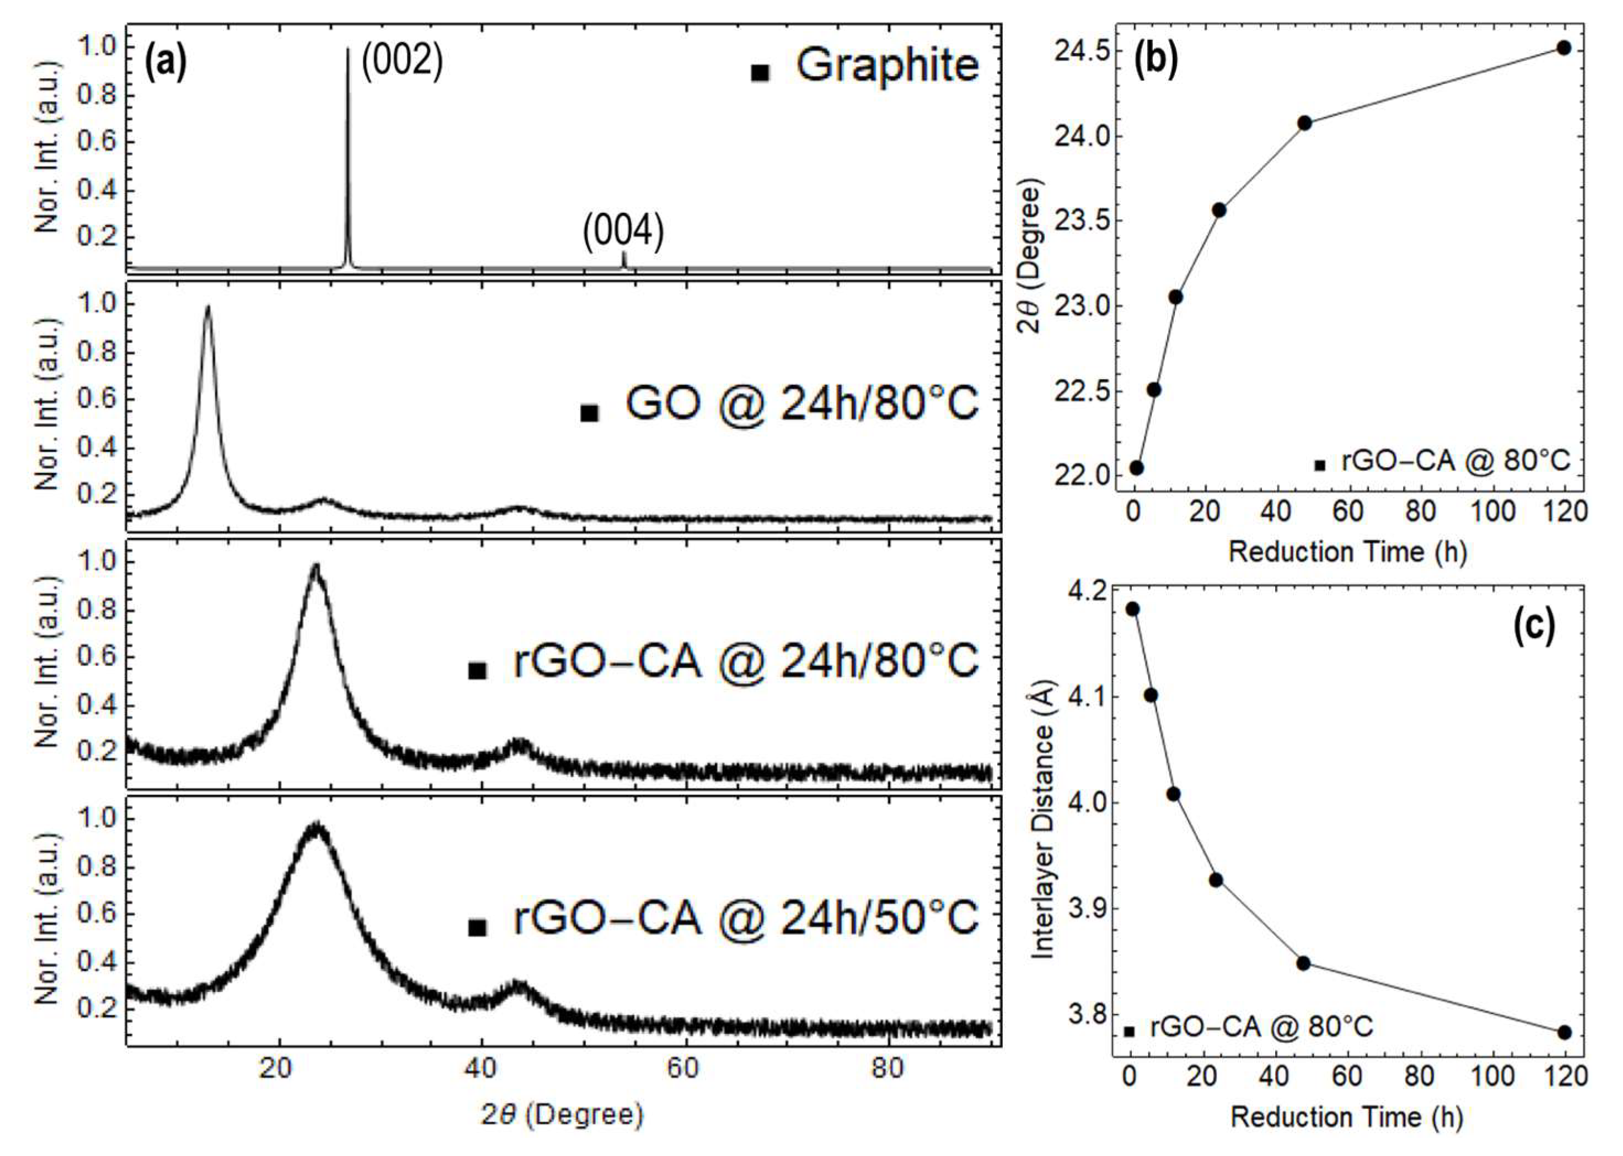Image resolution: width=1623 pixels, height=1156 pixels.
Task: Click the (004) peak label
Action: [x=623, y=233]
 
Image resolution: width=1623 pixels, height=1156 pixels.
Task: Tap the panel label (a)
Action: [x=165, y=63]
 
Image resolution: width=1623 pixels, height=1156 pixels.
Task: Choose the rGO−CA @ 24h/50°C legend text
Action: [x=746, y=919]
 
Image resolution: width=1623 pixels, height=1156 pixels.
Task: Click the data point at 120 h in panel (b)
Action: [x=1564, y=48]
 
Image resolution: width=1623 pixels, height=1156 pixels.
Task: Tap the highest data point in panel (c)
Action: [x=1132, y=609]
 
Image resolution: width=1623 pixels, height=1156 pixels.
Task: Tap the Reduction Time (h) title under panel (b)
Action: [x=1347, y=552]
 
